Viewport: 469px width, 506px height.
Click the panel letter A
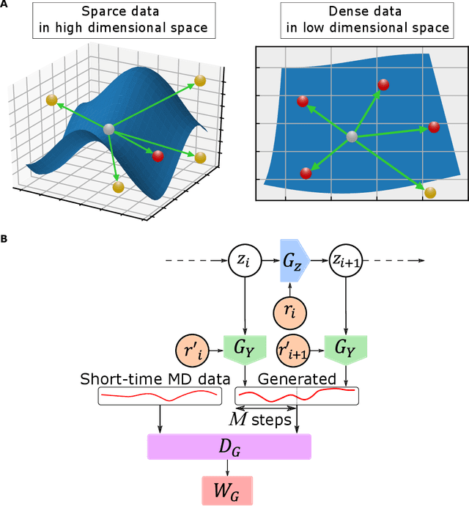point(5,7)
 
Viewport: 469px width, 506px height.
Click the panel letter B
point(5,239)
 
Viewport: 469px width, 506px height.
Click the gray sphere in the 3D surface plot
point(109,129)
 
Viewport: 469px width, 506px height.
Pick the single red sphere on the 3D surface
point(158,155)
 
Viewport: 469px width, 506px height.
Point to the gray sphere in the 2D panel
point(352,136)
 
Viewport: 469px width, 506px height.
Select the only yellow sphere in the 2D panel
point(430,193)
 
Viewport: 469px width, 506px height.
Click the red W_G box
point(227,489)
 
